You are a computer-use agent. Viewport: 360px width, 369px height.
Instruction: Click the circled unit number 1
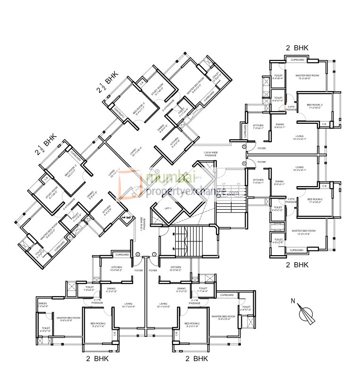pyautogui.click(x=154, y=255)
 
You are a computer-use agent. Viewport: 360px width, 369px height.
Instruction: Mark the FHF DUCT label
pyautogui.click(x=126, y=217)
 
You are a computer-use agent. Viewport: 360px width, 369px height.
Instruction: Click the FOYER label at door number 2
pyautogui.click(x=138, y=271)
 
